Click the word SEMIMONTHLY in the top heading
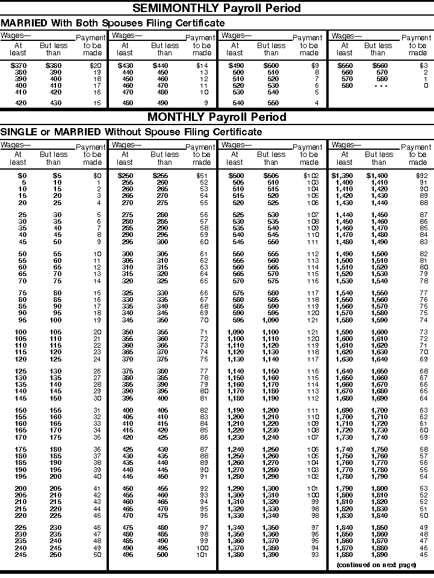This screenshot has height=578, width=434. click(x=175, y=8)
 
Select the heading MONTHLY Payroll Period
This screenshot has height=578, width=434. click(x=217, y=117)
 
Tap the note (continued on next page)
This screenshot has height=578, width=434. click(x=376, y=565)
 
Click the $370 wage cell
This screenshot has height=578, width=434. click(x=18, y=65)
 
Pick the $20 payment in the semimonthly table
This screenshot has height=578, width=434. click(x=95, y=65)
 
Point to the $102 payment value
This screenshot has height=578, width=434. click(x=311, y=175)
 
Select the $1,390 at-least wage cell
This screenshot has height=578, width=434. click(x=343, y=175)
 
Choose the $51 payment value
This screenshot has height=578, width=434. click(x=203, y=175)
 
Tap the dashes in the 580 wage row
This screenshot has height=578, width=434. click(x=379, y=85)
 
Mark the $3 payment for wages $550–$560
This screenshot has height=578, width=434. click(x=424, y=65)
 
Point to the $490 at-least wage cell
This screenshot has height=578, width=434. click(x=235, y=65)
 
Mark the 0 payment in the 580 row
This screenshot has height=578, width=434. click(x=426, y=85)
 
